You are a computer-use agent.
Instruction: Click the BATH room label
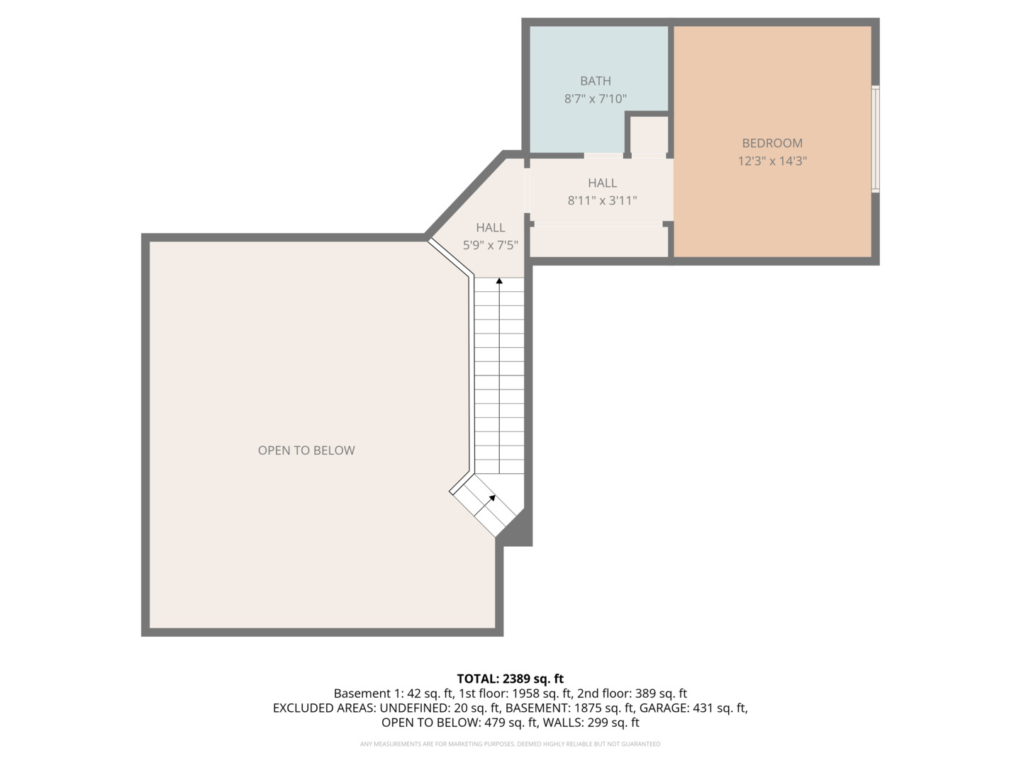595,81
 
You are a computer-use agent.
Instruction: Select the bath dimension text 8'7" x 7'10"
595,98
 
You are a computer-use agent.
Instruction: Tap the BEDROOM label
772,143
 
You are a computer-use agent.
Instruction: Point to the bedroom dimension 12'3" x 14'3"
772,161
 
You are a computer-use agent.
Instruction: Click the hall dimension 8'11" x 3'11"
602,200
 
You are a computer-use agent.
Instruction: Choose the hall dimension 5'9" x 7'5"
490,245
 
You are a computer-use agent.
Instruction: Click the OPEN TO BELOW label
306,450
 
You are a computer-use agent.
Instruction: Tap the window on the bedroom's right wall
876,139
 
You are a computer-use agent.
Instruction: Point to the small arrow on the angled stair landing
491,499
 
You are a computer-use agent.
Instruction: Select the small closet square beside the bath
649,135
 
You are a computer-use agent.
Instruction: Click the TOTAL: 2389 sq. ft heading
510,679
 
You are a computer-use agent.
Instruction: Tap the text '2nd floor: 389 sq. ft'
632,693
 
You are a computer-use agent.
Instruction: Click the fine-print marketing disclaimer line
510,744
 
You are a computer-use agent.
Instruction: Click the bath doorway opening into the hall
603,155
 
